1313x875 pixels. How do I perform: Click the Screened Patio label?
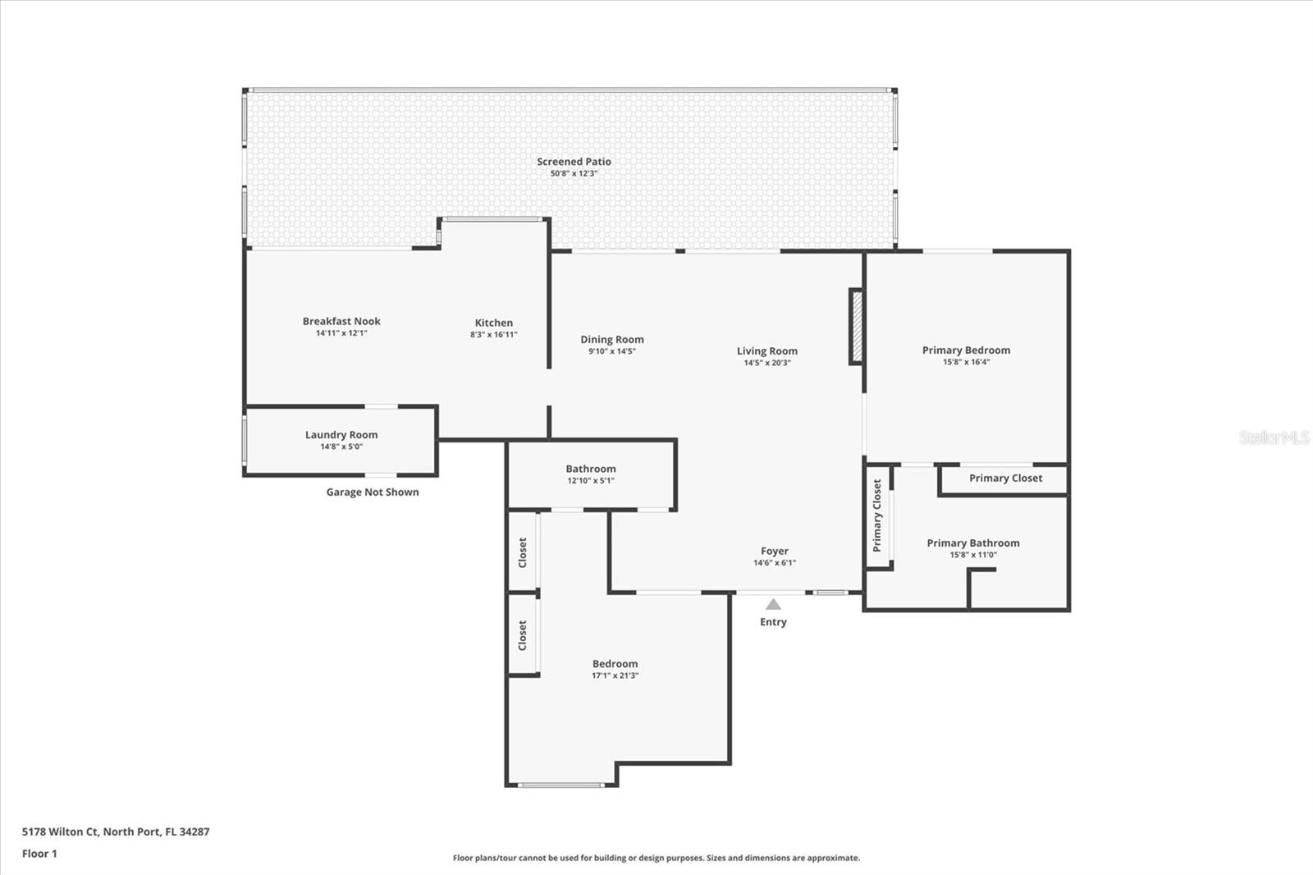(574, 162)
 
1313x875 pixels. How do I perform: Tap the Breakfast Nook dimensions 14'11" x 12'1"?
(341, 333)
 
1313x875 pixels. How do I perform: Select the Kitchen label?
(493, 323)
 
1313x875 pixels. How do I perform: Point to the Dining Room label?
(612, 339)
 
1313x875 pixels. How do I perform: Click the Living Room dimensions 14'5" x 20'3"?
(766, 363)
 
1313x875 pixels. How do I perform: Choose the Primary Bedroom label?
(966, 350)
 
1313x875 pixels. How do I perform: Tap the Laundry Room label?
(341, 435)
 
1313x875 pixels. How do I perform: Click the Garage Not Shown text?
(373, 492)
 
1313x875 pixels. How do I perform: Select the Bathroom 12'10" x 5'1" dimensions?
(591, 481)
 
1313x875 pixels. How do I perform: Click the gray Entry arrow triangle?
(773, 605)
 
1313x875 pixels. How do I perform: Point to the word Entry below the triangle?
(773, 622)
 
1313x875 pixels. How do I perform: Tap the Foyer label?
(774, 552)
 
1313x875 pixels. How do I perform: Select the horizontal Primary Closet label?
(1005, 478)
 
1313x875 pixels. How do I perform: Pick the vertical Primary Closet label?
(877, 515)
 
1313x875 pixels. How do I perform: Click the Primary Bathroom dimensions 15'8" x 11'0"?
(973, 555)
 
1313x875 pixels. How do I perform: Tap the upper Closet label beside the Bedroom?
(523, 552)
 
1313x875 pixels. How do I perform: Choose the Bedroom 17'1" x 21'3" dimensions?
(615, 676)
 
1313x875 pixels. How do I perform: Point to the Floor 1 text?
(39, 854)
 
